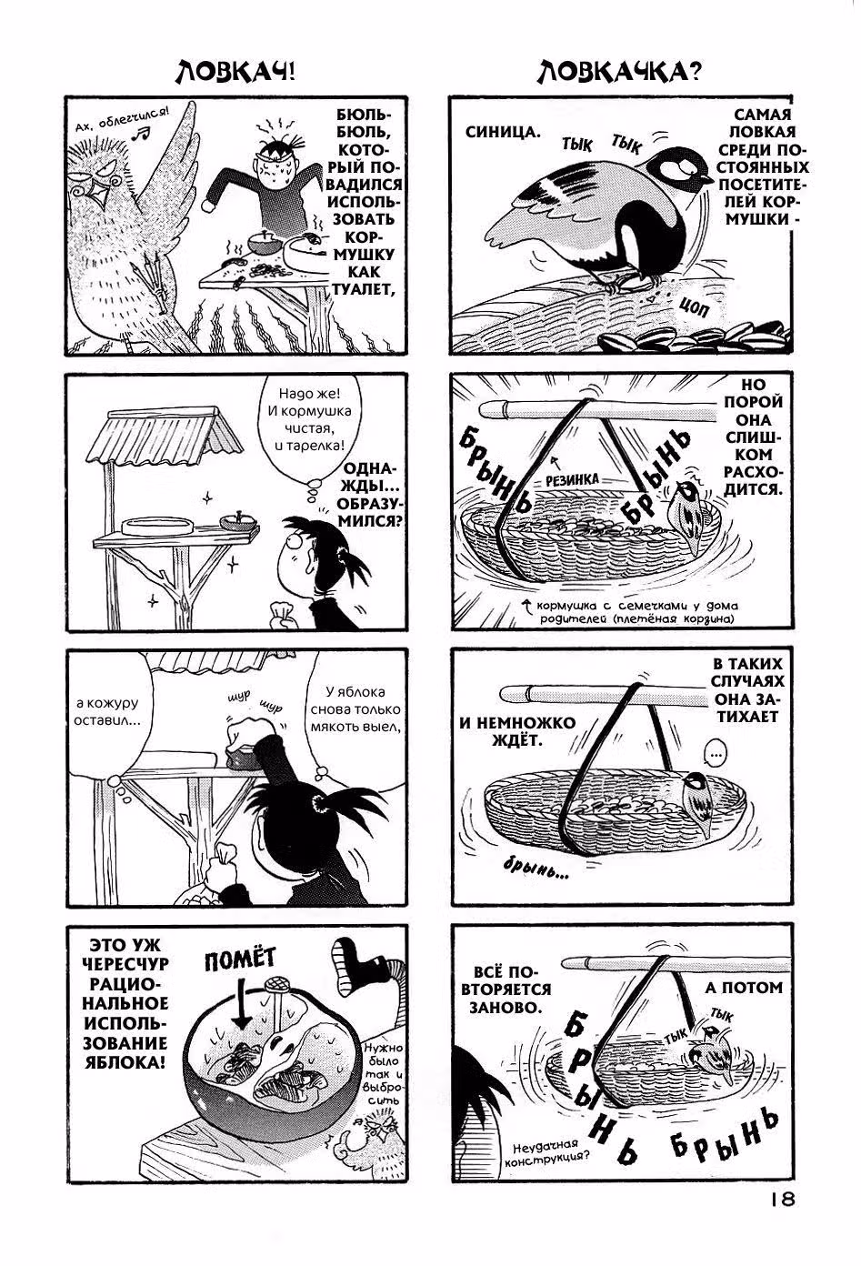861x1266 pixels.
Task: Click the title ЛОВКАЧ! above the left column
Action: click(x=235, y=73)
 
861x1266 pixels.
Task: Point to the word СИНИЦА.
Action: click(x=503, y=132)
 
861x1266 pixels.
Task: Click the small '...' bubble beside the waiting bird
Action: click(x=716, y=755)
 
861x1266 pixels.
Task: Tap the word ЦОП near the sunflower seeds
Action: click(x=694, y=307)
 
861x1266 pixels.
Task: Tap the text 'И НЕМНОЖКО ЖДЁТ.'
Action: click(x=517, y=731)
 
